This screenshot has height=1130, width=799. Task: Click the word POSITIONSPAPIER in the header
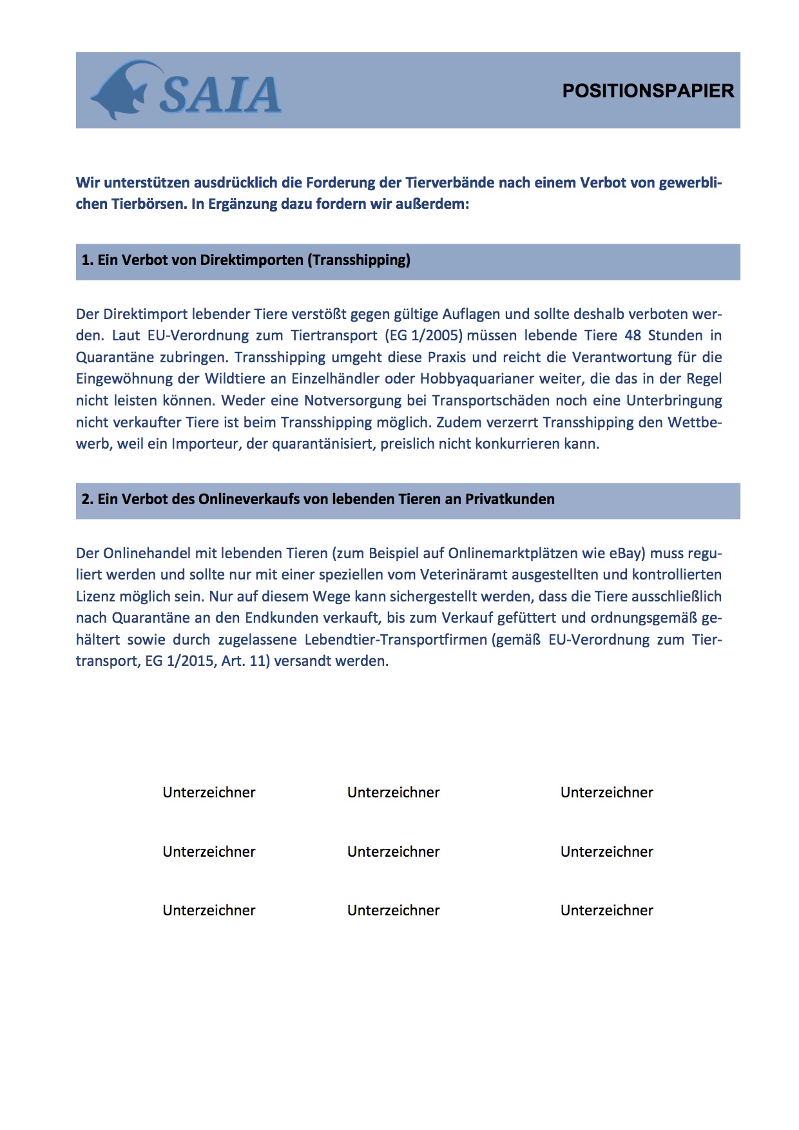[x=648, y=91]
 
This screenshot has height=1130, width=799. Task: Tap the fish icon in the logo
[x=120, y=90]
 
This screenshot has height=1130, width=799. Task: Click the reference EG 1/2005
[x=425, y=336]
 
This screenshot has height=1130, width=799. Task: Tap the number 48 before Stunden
[x=633, y=336]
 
